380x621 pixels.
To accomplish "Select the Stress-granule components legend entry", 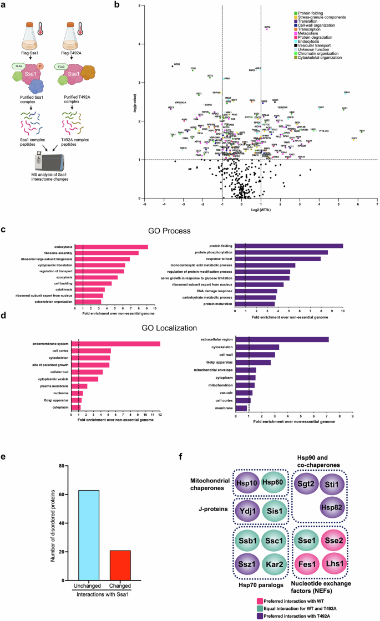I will [318, 17].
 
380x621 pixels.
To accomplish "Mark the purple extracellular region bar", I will [282, 339].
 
